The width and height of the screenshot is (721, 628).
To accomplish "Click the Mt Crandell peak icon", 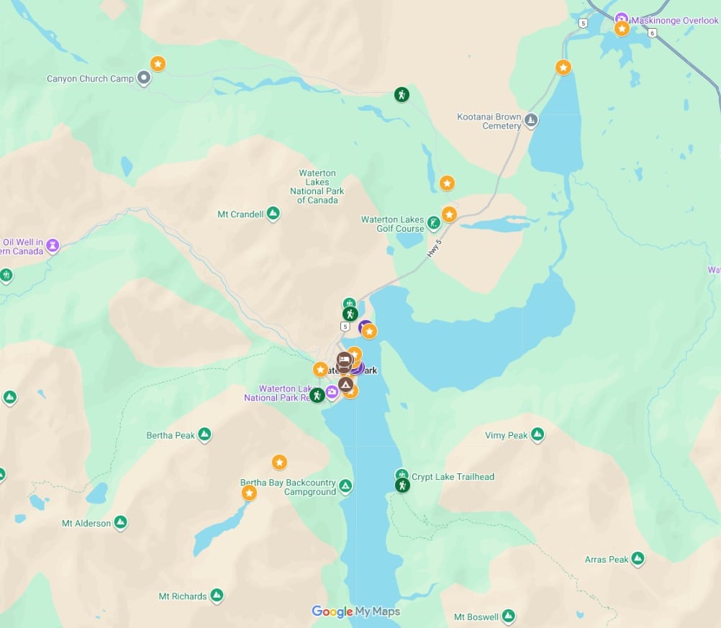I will point(273,214).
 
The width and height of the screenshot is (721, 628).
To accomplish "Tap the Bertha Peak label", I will point(171,435).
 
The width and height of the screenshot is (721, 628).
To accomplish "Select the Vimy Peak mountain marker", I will point(537,434).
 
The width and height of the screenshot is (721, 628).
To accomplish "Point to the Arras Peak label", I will point(607,560).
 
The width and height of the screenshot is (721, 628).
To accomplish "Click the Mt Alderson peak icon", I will point(120,522).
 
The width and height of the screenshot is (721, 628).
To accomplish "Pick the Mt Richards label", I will point(183,596).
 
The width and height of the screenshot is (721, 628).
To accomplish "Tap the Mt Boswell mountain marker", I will point(508,616).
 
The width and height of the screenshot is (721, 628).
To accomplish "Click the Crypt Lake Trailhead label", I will point(453,476).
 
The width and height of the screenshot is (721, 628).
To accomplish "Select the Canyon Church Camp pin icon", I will point(143,78).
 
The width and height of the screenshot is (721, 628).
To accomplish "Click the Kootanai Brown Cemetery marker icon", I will point(531,119).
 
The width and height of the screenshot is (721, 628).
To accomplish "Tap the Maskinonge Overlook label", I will point(675,21).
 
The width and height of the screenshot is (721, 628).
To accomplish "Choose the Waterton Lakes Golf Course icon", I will point(434,223).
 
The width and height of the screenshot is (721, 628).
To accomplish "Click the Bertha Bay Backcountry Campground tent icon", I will point(346,487).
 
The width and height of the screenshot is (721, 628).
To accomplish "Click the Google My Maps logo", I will point(355,611).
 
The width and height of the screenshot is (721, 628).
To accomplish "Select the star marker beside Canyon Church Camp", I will point(158,63).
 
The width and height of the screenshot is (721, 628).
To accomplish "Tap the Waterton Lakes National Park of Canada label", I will point(317,186).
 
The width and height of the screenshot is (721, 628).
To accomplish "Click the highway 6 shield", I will point(652,32).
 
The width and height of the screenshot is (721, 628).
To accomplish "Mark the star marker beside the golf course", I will point(449,214).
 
